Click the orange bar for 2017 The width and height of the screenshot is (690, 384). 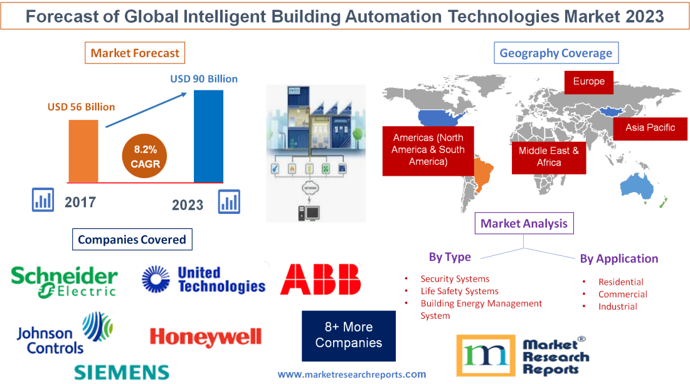click(83, 150)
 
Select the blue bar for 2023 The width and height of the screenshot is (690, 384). click(208, 136)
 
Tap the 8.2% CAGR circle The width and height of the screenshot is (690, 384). click(146, 156)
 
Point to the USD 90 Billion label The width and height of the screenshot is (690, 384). click(204, 79)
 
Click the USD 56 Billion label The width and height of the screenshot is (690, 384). click(82, 107)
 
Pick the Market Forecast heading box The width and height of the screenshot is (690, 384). click(135, 53)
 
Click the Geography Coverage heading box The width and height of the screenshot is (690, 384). click(556, 53)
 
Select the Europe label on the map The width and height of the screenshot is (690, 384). click(588, 82)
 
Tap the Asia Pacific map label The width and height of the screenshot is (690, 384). click(650, 128)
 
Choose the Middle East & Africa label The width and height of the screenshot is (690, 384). click(549, 157)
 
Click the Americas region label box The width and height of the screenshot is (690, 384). click(428, 150)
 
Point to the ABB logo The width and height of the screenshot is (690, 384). click(321, 279)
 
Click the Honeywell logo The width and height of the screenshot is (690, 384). click(206, 337)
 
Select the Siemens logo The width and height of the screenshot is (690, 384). click(122, 371)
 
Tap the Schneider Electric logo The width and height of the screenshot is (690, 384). click(65, 282)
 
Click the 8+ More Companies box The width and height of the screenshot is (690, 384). click(349, 335)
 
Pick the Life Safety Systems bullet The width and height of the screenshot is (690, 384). click(459, 291)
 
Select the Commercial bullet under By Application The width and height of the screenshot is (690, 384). click(622, 294)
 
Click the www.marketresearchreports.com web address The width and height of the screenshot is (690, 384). click(352, 374)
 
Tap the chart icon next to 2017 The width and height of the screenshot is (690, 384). click(43, 201)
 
